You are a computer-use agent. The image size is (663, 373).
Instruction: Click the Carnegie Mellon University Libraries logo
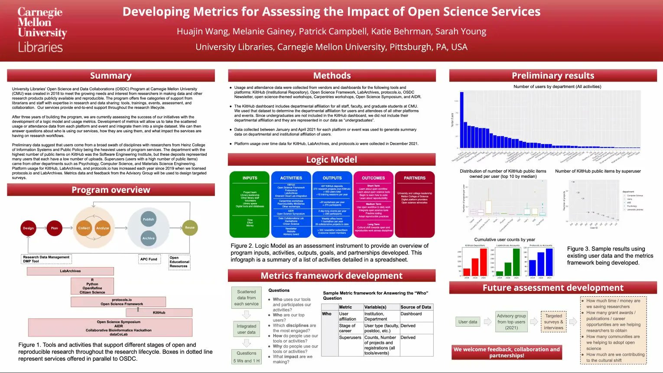[x=42, y=29]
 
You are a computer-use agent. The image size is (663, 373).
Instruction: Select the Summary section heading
[x=110, y=75]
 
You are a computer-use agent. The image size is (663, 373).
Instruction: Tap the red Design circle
[x=28, y=228]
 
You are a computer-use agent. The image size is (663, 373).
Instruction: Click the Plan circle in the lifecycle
[x=54, y=228]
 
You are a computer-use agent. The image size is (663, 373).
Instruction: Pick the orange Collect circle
[x=84, y=228]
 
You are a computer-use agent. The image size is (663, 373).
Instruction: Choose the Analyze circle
[x=103, y=228]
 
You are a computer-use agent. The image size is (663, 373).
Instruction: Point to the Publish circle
[x=148, y=219]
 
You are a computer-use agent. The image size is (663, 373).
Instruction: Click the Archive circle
[x=148, y=238]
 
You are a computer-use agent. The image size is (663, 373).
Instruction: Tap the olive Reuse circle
[x=190, y=227]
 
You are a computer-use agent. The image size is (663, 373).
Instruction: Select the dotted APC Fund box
[x=149, y=259]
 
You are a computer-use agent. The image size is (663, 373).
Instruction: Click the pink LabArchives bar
[x=70, y=271]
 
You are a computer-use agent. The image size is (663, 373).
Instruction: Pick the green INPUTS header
[x=250, y=178]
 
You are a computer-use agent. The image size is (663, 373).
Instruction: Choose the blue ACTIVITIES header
[x=291, y=178]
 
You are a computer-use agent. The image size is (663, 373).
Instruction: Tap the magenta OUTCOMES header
[x=373, y=178]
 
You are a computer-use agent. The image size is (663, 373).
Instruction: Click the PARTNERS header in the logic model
[x=414, y=178]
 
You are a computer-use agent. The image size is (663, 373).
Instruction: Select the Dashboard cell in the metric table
[x=411, y=314]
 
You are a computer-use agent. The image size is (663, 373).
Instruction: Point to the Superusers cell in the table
[x=350, y=337]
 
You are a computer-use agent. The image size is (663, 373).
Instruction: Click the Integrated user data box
[x=246, y=329]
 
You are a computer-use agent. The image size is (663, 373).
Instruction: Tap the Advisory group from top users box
[x=511, y=322]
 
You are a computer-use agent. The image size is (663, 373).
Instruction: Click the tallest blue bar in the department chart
[x=461, y=120]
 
